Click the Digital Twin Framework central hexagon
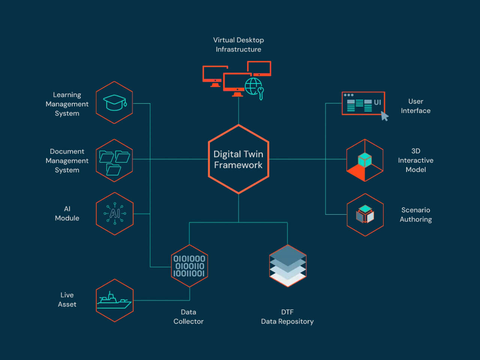[x=238, y=159]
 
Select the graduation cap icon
[x=114, y=102]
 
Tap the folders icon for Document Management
[x=114, y=161]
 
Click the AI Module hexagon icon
[x=115, y=214]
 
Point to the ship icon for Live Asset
[x=114, y=300]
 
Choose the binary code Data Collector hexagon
[x=189, y=266]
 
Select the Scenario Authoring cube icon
[x=365, y=214]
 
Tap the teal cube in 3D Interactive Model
[x=364, y=160]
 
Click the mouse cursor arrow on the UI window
[x=384, y=116]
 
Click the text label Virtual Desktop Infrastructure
[x=238, y=45]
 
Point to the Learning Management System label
[x=67, y=104]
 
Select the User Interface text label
[x=415, y=106]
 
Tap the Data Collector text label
[x=188, y=316]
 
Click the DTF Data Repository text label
[x=287, y=316]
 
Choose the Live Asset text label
[x=67, y=300]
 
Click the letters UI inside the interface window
[x=377, y=102]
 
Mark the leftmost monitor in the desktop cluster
[x=214, y=75]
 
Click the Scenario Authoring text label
[x=415, y=214]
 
